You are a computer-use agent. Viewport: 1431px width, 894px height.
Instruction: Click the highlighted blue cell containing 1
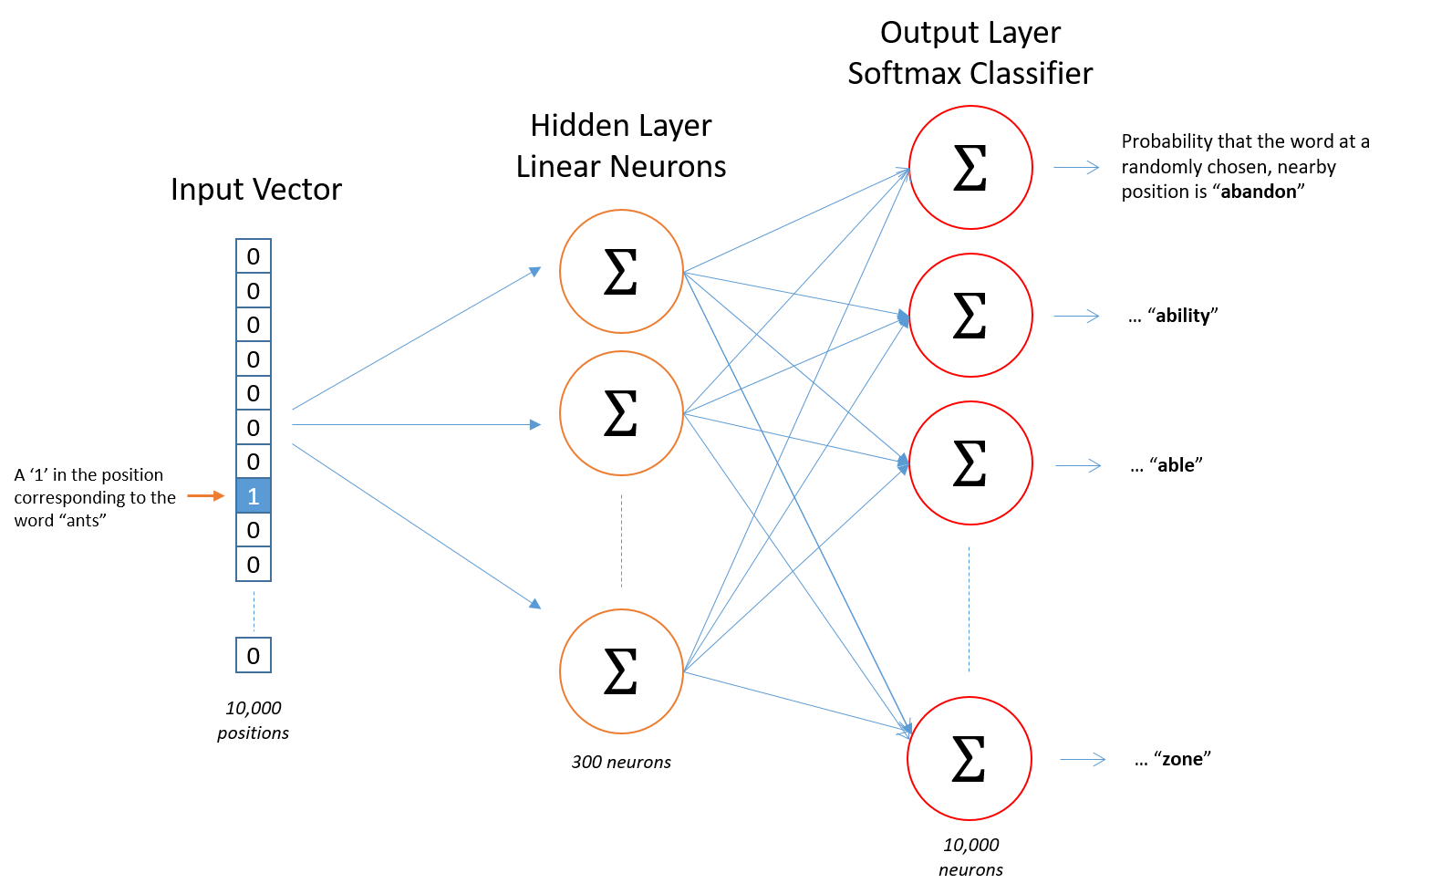point(254,495)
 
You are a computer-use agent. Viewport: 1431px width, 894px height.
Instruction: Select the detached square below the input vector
point(254,655)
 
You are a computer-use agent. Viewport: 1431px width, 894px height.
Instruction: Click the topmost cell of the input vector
point(254,256)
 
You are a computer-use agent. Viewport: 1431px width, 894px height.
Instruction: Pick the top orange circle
point(621,271)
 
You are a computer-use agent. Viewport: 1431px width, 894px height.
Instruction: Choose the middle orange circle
point(621,413)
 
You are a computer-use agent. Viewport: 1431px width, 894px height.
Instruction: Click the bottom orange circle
point(621,671)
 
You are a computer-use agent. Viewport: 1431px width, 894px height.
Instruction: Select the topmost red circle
point(970,167)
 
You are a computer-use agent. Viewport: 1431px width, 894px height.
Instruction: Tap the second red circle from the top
point(970,315)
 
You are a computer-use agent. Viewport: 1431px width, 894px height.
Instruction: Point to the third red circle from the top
point(970,463)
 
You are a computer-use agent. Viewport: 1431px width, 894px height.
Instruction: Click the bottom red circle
point(970,758)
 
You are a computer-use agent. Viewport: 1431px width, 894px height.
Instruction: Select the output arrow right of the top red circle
point(1076,167)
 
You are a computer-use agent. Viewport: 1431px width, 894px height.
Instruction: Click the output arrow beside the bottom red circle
point(1083,759)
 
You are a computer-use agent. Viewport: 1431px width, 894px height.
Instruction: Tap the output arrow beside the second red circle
point(1076,316)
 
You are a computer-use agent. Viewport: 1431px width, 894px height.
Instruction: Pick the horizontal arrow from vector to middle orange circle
point(416,424)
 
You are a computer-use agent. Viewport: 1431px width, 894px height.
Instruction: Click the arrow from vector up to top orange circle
point(416,339)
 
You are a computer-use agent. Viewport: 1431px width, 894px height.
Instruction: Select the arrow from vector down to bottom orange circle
point(416,525)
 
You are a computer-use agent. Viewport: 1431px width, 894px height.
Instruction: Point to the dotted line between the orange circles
point(621,541)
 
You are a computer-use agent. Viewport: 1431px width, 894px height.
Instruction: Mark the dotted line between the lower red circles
point(969,609)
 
